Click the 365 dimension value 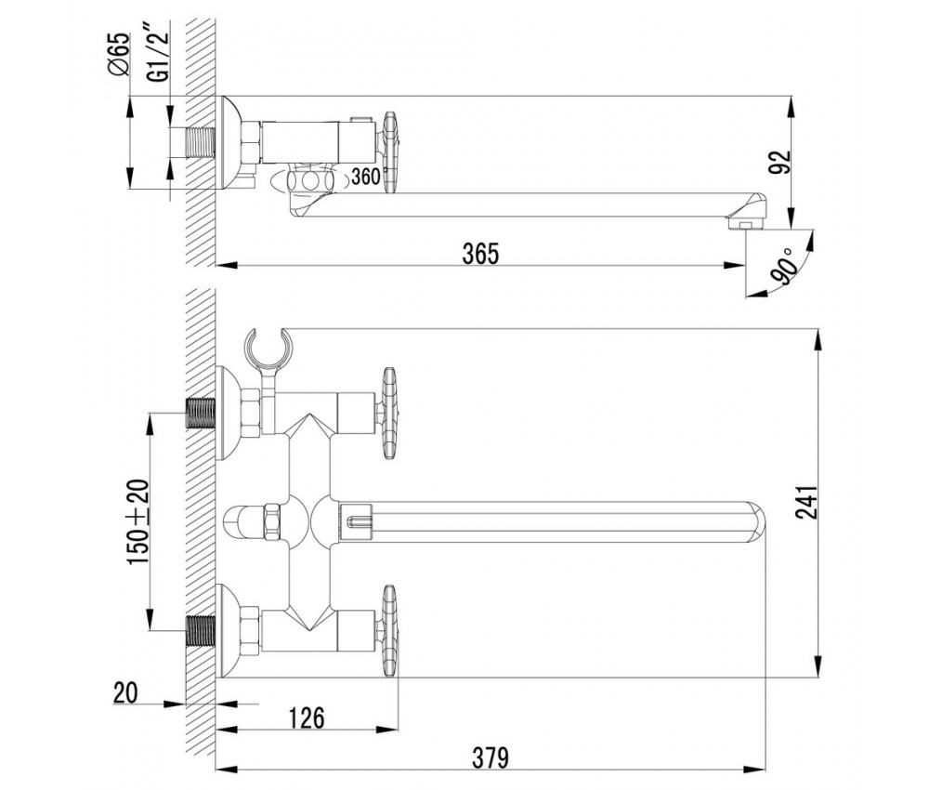coord(480,254)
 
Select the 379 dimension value coord(491,757)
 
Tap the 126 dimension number coord(307,718)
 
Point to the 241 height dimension coord(807,503)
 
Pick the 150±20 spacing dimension coord(138,521)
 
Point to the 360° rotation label coord(367,176)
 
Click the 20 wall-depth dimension coord(125,691)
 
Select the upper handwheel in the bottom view coord(389,413)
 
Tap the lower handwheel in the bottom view coord(389,632)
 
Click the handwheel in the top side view coord(391,151)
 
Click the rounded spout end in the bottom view coord(754,521)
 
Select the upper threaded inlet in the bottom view coord(201,413)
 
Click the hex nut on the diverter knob coord(272,521)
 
